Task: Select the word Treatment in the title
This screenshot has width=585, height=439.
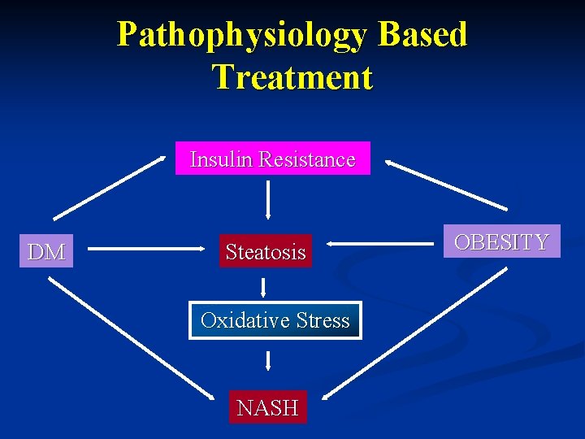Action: click(x=292, y=77)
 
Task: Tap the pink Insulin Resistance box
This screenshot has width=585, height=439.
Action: click(x=272, y=159)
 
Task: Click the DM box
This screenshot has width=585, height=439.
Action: click(x=46, y=252)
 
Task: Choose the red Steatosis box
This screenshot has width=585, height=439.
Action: click(x=266, y=252)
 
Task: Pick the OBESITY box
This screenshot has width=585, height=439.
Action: click(x=501, y=241)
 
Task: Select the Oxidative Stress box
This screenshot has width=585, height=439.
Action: click(x=275, y=320)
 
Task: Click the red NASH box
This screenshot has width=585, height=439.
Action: click(x=267, y=407)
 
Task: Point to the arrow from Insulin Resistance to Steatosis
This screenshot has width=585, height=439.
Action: click(x=267, y=200)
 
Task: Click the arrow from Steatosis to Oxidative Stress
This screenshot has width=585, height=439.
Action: click(x=263, y=286)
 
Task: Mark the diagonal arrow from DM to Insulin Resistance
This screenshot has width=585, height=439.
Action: click(x=109, y=187)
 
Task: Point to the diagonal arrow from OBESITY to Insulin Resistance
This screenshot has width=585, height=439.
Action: click(x=446, y=185)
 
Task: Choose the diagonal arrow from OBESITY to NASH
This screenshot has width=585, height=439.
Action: click(x=414, y=333)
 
